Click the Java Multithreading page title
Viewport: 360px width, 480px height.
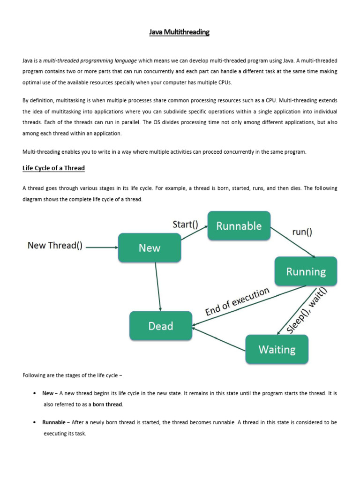pos(180,32)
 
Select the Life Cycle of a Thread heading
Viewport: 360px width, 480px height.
pos(53,168)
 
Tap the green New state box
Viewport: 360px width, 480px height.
pos(150,247)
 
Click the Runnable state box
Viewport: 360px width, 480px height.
pos(239,226)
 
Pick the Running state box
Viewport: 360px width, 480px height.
pos(306,271)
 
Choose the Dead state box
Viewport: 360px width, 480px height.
pos(161,326)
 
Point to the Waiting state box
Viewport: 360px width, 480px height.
pos(277,349)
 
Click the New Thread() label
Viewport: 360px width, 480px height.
pos(55,245)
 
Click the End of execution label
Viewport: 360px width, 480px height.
pos(238,302)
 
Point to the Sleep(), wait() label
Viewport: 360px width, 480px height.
pos(307,311)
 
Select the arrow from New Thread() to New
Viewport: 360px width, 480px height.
pos(102,247)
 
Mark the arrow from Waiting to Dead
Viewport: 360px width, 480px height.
pos(219,340)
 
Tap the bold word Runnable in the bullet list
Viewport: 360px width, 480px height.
pos(54,422)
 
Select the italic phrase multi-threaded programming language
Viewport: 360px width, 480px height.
pos(90,60)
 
